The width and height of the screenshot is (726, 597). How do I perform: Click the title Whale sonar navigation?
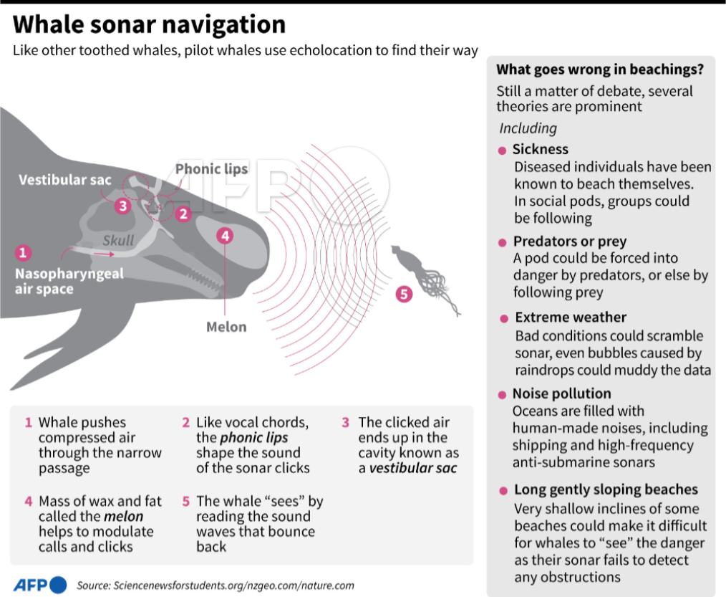[149, 25]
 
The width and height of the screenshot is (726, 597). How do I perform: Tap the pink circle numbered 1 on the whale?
[24, 252]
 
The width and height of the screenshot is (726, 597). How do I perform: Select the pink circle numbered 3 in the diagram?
[123, 206]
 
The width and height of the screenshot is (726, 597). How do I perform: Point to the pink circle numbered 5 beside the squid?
[405, 293]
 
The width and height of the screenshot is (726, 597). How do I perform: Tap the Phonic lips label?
[211, 169]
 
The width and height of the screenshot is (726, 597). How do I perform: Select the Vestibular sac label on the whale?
[65, 180]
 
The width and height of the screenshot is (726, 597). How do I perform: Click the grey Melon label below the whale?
[226, 327]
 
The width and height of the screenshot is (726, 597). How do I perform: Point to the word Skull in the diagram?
[118, 240]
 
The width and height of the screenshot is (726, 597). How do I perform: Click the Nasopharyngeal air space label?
[69, 281]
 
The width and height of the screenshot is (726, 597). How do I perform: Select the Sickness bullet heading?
[541, 149]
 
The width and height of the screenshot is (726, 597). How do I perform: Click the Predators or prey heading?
[569, 241]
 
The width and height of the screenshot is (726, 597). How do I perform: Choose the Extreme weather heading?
[571, 317]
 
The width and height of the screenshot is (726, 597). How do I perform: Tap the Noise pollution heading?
[561, 393]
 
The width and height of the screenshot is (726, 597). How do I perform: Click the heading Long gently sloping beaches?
[606, 490]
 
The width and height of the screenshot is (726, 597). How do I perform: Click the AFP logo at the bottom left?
[40, 583]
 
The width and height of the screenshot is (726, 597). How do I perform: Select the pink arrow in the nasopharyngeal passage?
[103, 253]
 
